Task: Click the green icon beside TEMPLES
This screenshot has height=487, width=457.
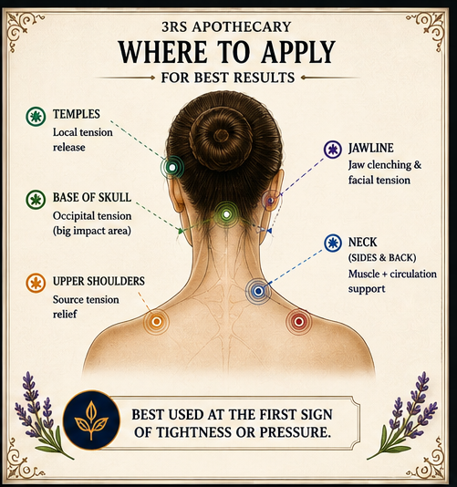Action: pos(36,116)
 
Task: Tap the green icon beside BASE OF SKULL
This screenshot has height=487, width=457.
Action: pos(36,200)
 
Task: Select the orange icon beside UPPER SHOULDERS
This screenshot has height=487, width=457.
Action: pos(36,283)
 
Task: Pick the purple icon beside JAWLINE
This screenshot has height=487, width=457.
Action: pos(333,150)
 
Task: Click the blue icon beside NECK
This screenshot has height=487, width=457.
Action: pos(333,243)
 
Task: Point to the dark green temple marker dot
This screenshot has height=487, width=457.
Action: pos(172,168)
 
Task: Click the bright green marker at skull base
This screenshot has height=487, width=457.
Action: pos(227,214)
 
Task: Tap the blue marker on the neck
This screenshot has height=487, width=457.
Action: pos(258,291)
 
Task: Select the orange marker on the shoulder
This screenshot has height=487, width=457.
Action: pos(157,321)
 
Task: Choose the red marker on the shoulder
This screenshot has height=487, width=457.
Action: pos(299,321)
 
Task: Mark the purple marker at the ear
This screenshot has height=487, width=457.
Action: pos(270,201)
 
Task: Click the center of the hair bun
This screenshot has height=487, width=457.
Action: pos(221,136)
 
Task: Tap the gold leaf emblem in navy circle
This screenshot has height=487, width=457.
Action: pos(91,420)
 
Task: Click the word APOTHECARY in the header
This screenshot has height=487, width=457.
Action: pos(242,26)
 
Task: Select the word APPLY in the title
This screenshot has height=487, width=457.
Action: pos(298,52)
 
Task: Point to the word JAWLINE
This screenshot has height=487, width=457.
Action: pos(371,148)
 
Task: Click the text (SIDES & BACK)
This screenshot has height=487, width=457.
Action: pos(382,258)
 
